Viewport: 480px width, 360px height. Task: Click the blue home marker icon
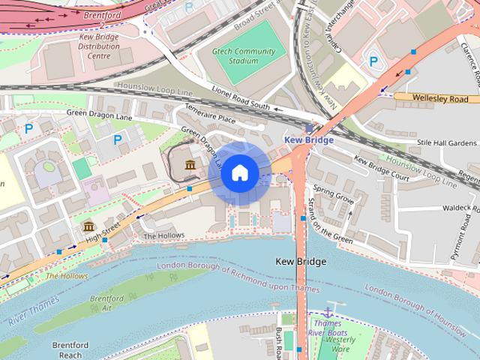pos(239,173)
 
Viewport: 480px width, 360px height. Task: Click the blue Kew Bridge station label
pos(308,140)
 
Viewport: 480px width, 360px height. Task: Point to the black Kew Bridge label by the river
pos(301,262)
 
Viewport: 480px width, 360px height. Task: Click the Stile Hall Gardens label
pos(446,142)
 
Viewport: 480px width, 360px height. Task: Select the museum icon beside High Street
pos(89,226)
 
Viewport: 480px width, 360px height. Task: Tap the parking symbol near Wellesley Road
pos(373,61)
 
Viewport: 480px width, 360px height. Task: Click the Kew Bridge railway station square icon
pos(309,128)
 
